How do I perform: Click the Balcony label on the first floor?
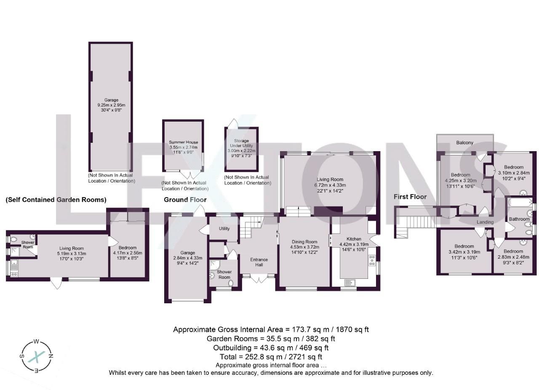[465, 143]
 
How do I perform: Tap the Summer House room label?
[183, 142]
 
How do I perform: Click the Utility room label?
[224, 229]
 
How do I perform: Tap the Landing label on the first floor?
[485, 222]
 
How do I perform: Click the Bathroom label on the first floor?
[519, 219]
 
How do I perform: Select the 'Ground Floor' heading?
[185, 200]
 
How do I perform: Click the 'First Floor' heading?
[410, 197]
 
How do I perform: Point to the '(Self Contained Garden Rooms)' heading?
[56, 200]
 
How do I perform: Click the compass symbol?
[37, 356]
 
